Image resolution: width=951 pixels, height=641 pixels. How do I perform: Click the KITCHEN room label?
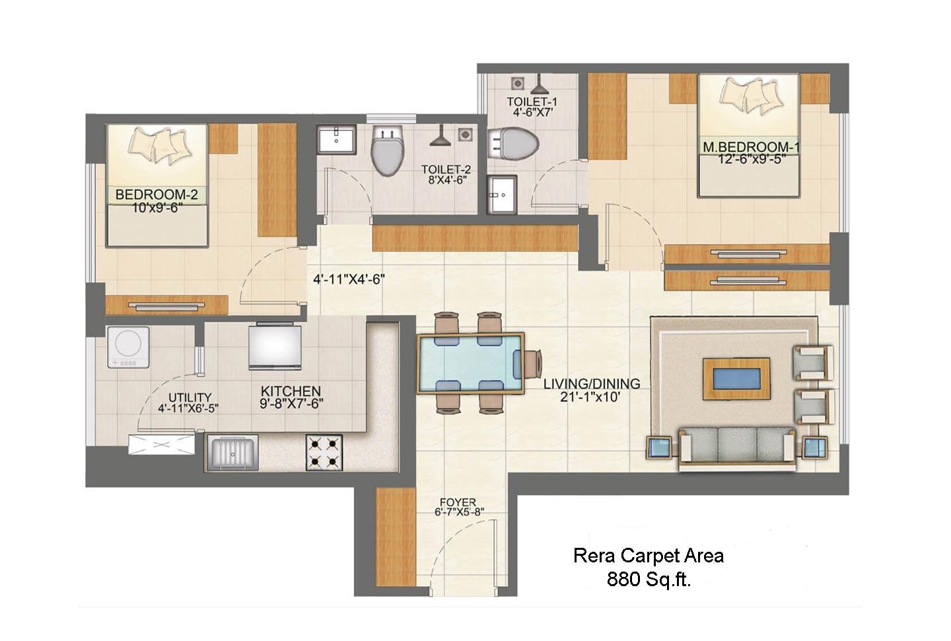291,391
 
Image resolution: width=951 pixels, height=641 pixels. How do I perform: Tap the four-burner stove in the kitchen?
324,453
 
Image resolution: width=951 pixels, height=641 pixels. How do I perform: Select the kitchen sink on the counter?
232,453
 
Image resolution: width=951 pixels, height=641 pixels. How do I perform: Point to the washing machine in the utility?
128,347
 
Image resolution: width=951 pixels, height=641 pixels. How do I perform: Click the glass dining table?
470,363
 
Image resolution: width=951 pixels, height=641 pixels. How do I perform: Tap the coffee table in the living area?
736,379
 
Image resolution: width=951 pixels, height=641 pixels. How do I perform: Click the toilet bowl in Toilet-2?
386,151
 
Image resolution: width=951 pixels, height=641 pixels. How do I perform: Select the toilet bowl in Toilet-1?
513,143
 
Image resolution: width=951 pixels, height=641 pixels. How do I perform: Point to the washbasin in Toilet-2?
337,139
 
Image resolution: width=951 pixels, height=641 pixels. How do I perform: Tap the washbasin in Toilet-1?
502,195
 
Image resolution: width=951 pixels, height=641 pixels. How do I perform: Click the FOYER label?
458,502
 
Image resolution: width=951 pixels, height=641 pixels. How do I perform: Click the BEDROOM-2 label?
157,194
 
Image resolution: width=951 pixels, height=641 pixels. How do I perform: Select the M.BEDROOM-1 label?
751,147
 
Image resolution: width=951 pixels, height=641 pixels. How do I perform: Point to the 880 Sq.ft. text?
649,580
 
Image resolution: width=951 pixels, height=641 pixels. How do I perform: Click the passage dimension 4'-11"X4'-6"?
349,280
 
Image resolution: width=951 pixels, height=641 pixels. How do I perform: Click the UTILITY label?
190,398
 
